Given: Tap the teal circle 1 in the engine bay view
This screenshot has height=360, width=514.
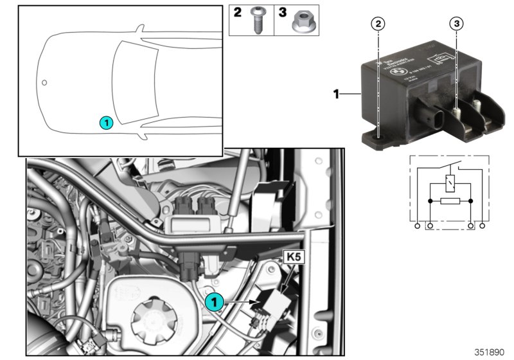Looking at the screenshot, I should click(x=215, y=300).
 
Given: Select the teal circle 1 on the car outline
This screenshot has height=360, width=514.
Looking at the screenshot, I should click(x=106, y=122).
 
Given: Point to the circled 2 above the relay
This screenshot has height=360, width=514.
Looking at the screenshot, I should click(x=380, y=24).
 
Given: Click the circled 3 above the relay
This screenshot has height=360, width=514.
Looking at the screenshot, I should click(x=456, y=24).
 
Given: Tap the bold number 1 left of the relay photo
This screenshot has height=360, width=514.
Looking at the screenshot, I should click(x=336, y=94).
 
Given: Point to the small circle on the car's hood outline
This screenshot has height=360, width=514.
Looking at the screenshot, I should click(x=44, y=82).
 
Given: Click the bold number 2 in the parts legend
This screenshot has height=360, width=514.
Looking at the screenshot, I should click(x=237, y=12).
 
